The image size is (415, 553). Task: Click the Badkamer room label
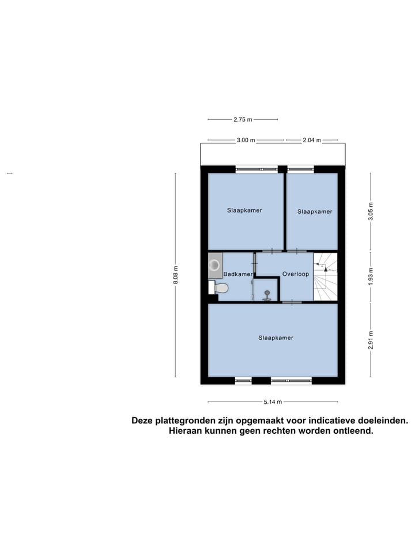[238, 275]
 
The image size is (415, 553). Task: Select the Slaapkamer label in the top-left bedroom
[244, 210]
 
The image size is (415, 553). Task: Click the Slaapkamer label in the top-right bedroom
[315, 211]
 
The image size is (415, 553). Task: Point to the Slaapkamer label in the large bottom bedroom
[276, 338]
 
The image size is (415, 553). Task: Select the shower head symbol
[267, 295]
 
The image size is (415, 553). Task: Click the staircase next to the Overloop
[325, 277]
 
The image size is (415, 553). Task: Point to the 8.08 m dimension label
[176, 274]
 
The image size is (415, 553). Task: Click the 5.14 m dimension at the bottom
[272, 402]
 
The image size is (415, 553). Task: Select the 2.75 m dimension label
[243, 120]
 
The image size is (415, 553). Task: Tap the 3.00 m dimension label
[246, 140]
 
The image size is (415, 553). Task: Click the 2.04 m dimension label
[311, 140]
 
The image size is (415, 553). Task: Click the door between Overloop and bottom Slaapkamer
[292, 302]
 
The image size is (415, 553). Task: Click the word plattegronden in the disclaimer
[183, 421]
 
